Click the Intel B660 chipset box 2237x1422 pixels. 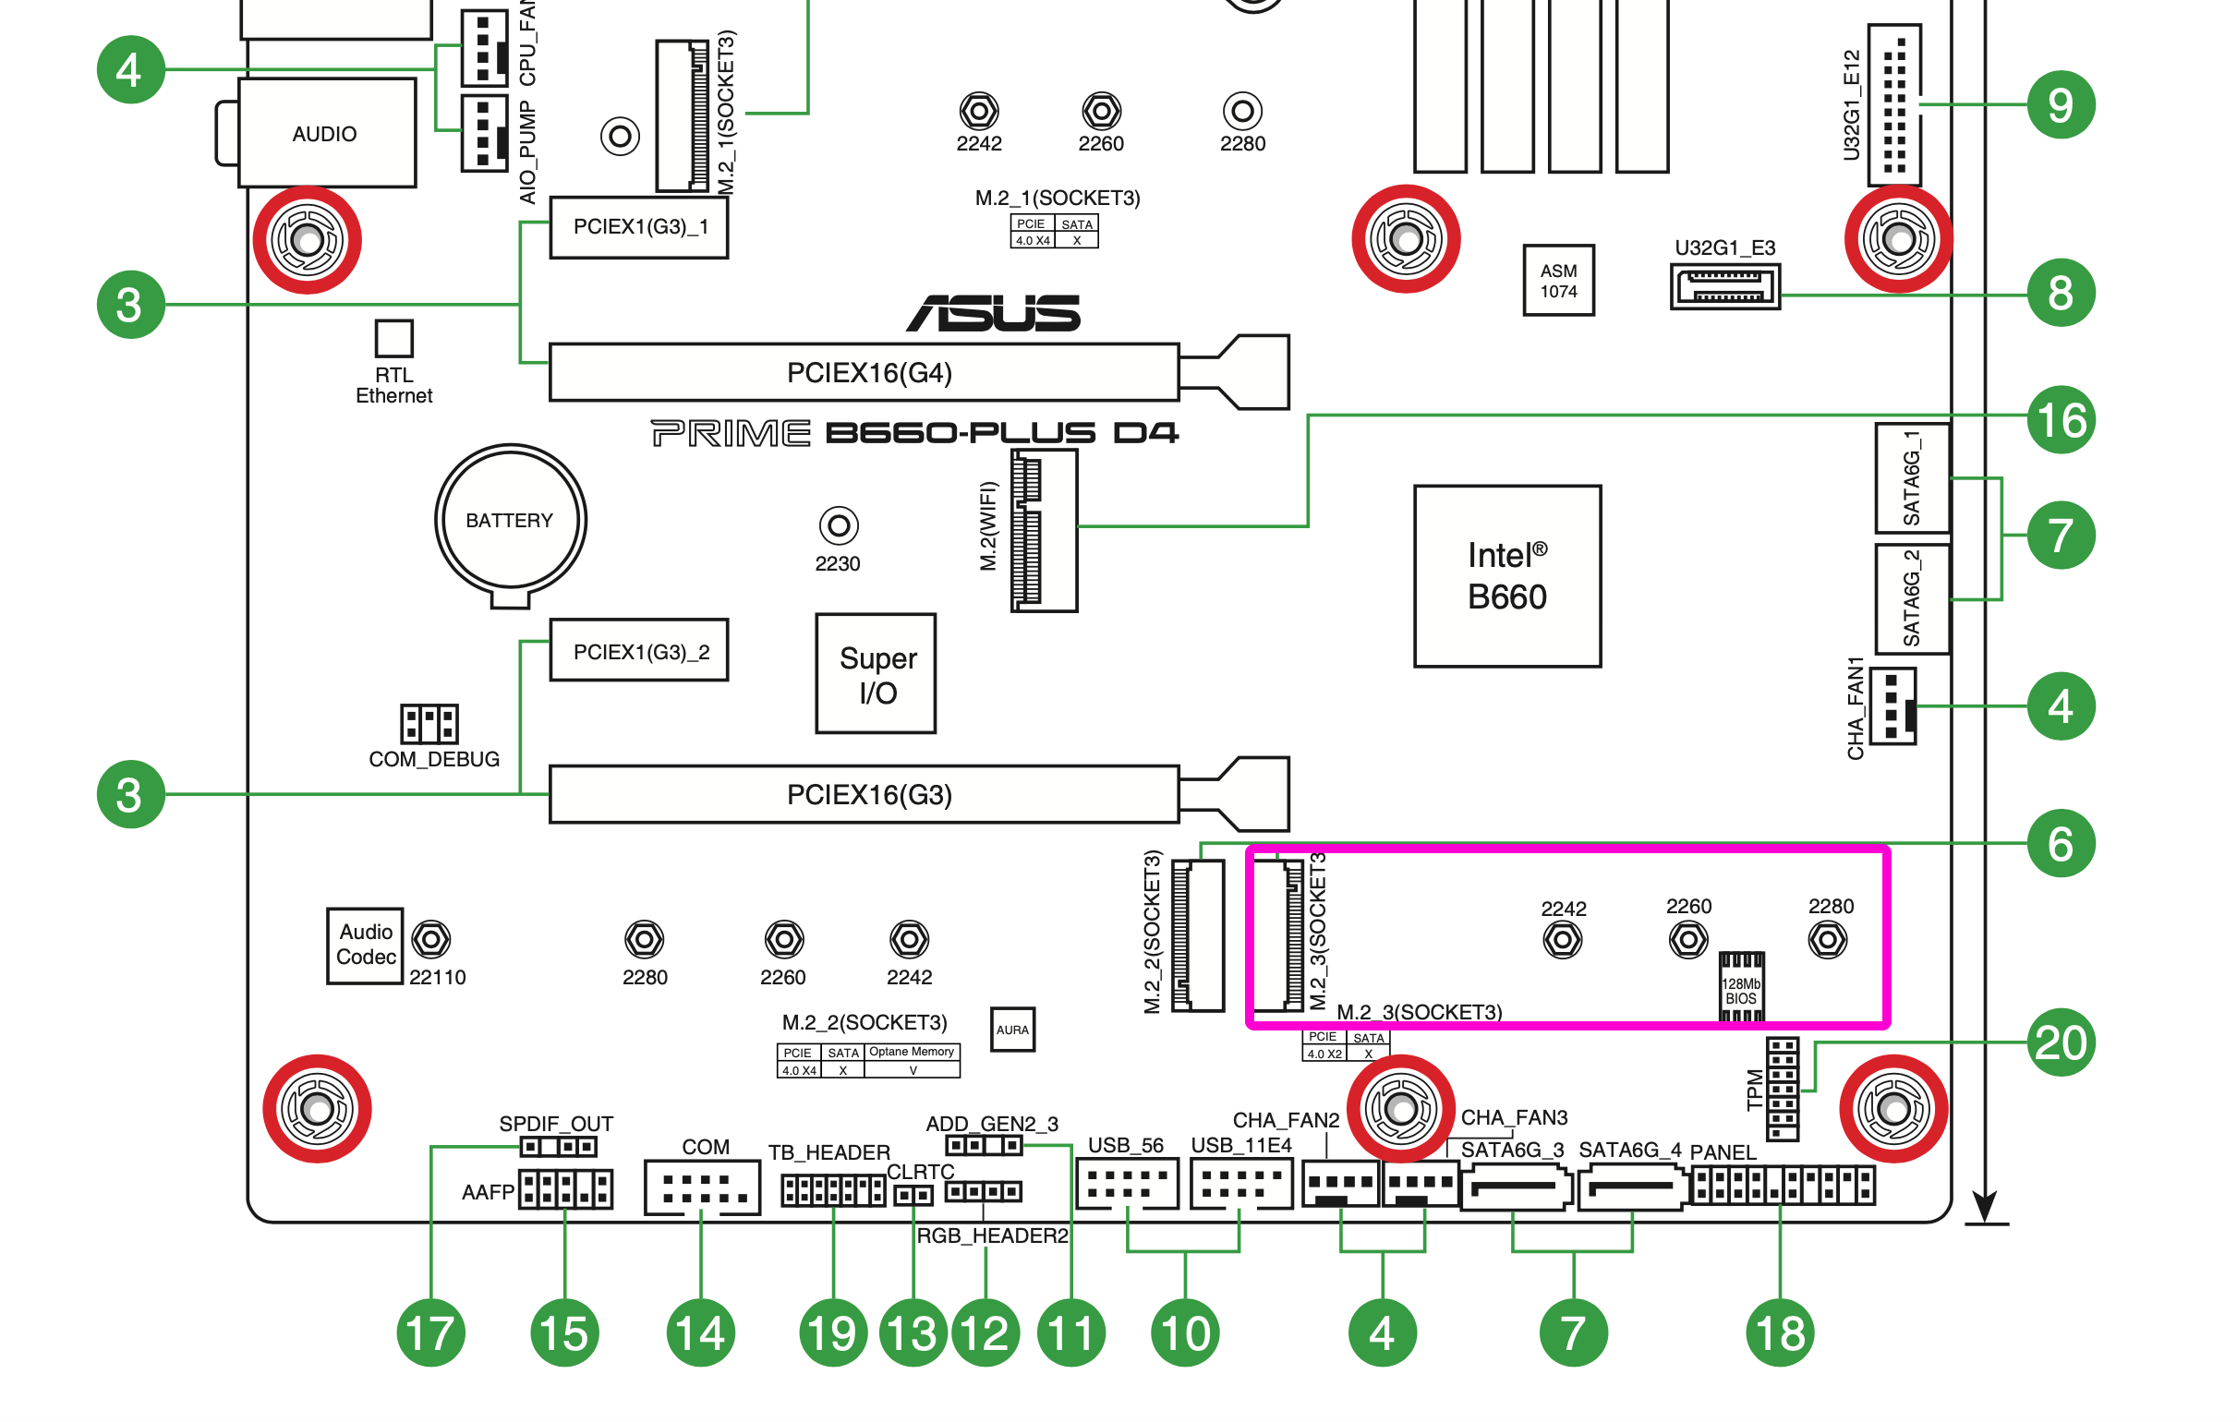click(x=1505, y=576)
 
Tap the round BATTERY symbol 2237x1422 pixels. click(x=510, y=520)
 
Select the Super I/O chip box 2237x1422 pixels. click(x=875, y=673)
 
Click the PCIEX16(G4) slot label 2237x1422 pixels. click(x=868, y=372)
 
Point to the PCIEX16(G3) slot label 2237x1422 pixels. click(x=868, y=794)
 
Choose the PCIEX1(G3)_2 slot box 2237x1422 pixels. click(x=639, y=650)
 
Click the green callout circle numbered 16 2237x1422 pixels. click(x=2060, y=420)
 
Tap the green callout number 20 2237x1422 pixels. click(x=2060, y=1042)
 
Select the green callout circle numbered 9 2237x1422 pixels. click(x=2060, y=104)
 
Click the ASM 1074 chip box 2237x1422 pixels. click(x=1558, y=281)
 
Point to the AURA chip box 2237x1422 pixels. click(x=1011, y=1030)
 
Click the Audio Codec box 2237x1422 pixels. click(x=365, y=945)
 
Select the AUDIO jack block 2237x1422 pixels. click(x=326, y=133)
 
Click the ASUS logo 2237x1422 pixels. click(x=994, y=313)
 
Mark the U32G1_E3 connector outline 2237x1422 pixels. click(x=1724, y=286)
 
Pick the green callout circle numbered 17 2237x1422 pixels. click(x=430, y=1332)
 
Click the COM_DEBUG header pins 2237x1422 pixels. click(x=429, y=724)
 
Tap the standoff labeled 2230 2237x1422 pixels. click(x=838, y=525)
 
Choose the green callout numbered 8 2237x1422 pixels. click(x=2060, y=294)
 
